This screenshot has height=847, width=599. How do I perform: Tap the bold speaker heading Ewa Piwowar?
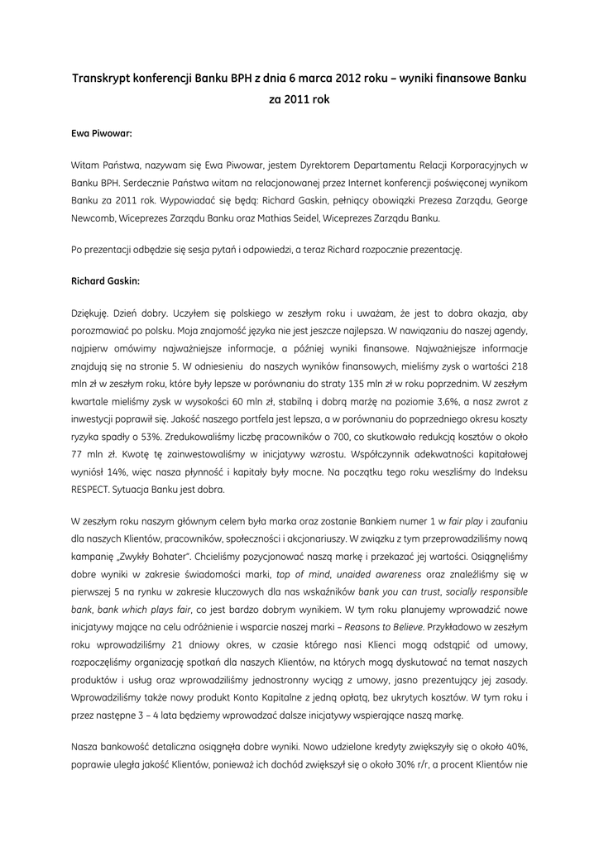102,132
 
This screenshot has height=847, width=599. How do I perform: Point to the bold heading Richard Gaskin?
106,280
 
